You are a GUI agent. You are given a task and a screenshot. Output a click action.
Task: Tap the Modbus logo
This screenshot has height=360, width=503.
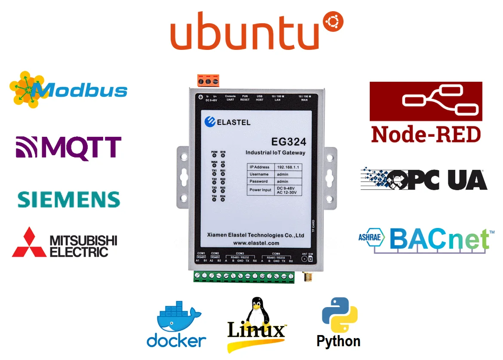click(x=69, y=89)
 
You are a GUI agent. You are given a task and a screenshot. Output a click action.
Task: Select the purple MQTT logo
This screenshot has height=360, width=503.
click(x=69, y=148)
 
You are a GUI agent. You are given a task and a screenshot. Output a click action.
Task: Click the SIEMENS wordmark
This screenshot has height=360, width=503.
click(x=69, y=200)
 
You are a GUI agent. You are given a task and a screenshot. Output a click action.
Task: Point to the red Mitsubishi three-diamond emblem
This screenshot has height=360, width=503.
click(x=29, y=243)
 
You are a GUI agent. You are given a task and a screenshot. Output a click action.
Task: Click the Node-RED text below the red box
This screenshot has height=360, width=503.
click(x=426, y=134)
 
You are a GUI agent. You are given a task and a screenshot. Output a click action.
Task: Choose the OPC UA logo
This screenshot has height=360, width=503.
click(x=423, y=179)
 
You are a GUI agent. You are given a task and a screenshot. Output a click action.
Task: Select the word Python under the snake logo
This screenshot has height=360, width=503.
click(x=338, y=342)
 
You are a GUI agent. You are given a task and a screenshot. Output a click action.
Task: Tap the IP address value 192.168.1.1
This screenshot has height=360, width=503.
click(x=288, y=167)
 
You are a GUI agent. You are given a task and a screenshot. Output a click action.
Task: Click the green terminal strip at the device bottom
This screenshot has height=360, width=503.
click(x=244, y=276)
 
